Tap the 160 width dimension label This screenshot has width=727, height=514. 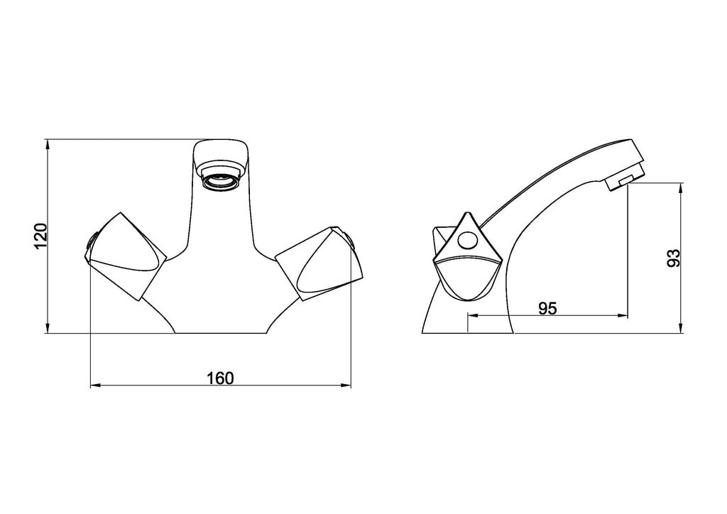point(220,378)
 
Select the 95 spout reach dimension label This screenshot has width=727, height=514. point(547,308)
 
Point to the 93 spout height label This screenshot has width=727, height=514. point(673,258)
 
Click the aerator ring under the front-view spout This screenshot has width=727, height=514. point(222,182)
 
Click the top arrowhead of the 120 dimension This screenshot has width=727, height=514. point(48,143)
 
